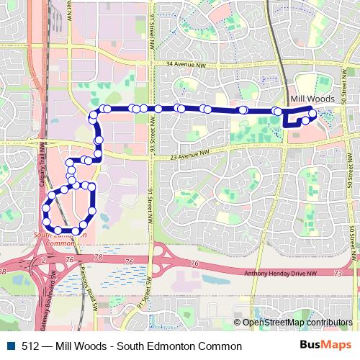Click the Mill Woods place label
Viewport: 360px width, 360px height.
tap(309, 97)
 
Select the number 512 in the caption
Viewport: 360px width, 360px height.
tap(30, 346)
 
